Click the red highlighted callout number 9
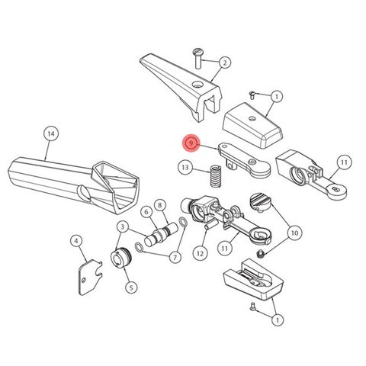191,143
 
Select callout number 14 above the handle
50,134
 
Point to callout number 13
185,167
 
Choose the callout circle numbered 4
76,242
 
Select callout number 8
159,204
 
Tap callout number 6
146,211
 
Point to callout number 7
175,257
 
